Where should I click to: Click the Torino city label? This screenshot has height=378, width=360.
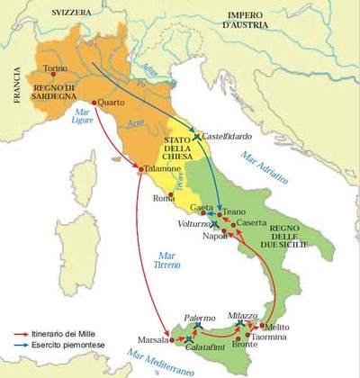(56, 68)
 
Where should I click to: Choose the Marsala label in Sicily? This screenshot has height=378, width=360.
(149, 340)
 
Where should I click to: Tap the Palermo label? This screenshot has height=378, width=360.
(201, 318)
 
